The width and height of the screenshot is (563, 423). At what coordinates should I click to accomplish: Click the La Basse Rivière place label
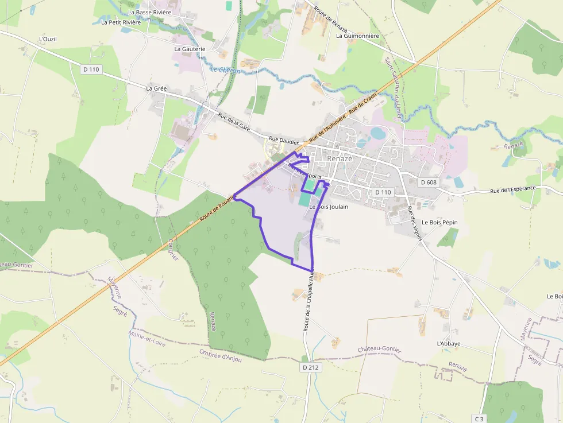149,12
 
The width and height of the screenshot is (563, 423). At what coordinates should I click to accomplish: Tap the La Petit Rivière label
121,22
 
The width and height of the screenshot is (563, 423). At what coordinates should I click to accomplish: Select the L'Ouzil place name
48,39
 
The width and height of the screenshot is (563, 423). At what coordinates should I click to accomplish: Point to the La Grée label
156,88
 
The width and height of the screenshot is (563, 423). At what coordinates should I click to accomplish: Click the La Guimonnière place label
357,36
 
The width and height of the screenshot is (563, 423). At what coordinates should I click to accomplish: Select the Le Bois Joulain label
329,207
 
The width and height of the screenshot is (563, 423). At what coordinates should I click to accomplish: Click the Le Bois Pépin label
439,222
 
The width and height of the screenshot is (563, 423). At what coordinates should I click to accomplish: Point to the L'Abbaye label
449,344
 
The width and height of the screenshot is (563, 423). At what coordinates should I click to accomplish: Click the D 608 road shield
429,182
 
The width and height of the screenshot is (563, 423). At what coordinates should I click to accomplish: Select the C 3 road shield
479,419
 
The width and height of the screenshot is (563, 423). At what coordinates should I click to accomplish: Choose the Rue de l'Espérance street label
512,189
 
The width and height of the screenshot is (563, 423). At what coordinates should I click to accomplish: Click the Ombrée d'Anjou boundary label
221,356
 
